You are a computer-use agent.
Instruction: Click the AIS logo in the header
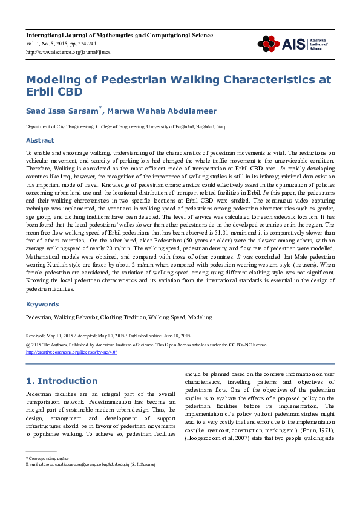(292, 43)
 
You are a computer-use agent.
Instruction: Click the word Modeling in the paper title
(57, 80)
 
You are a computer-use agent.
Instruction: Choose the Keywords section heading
(42, 305)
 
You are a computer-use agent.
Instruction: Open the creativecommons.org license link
(71, 352)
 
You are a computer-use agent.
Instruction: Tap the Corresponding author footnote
(45, 459)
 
